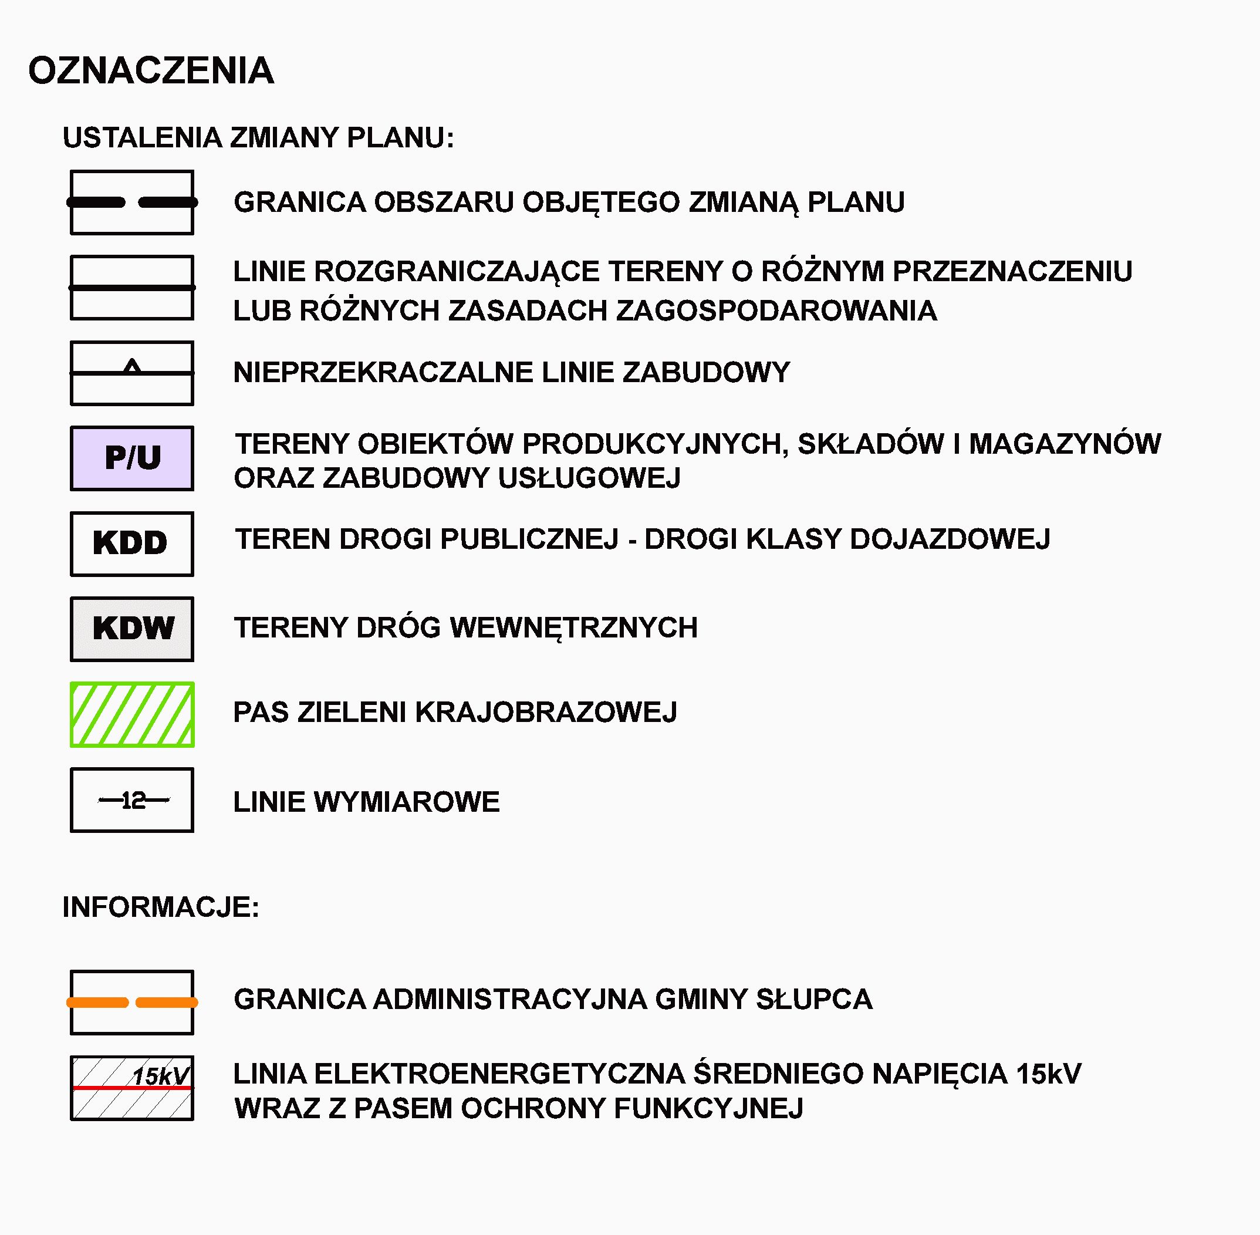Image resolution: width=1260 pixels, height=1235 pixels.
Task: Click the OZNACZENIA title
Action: [x=150, y=70]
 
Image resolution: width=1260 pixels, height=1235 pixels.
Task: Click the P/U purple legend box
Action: [x=132, y=458]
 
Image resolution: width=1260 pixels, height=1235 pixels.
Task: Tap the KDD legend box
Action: [x=131, y=544]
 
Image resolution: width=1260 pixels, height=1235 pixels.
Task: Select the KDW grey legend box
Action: [x=132, y=629]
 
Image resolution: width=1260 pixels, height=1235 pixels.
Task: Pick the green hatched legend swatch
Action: [x=132, y=714]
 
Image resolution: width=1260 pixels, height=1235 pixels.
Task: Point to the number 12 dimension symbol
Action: [x=134, y=801]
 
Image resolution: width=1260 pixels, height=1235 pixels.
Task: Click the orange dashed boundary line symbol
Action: [x=132, y=1002]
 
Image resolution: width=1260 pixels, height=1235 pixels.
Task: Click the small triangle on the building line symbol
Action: [x=132, y=366]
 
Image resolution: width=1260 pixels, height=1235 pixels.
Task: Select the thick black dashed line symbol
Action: [x=132, y=203]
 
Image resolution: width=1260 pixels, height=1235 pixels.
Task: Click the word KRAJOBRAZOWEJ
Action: [x=546, y=712]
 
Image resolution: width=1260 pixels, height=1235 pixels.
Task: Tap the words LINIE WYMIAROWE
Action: [x=366, y=802]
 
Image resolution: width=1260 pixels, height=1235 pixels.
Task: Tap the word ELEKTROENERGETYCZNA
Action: [x=499, y=1074]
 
